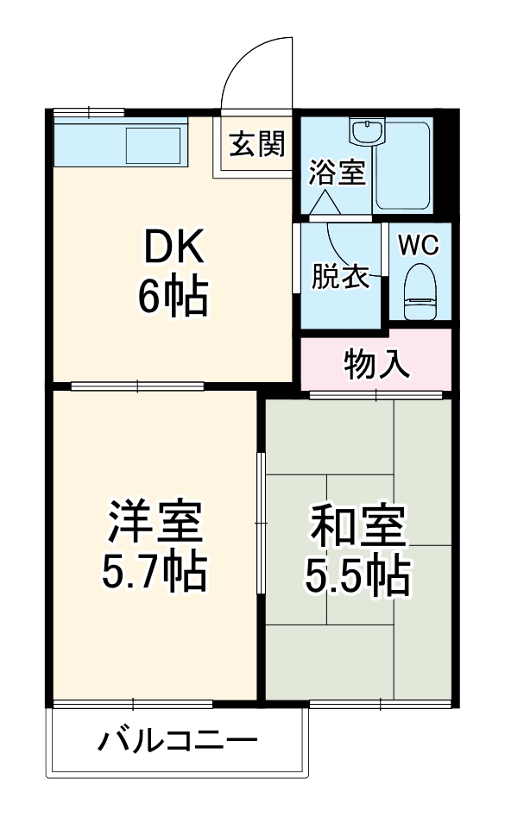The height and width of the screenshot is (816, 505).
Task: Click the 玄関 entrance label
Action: (256, 145)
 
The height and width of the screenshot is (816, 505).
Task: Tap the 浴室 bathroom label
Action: (338, 173)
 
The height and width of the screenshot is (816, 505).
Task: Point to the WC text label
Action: (419, 244)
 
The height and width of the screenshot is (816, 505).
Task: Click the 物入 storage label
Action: (376, 365)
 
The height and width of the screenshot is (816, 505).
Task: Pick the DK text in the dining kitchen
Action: (173, 250)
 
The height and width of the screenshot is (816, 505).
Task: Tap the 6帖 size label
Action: (173, 298)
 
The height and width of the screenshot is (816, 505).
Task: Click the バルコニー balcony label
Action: (177, 741)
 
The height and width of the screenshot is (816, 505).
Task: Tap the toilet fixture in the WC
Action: (421, 291)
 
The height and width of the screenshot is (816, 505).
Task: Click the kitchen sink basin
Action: (154, 145)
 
